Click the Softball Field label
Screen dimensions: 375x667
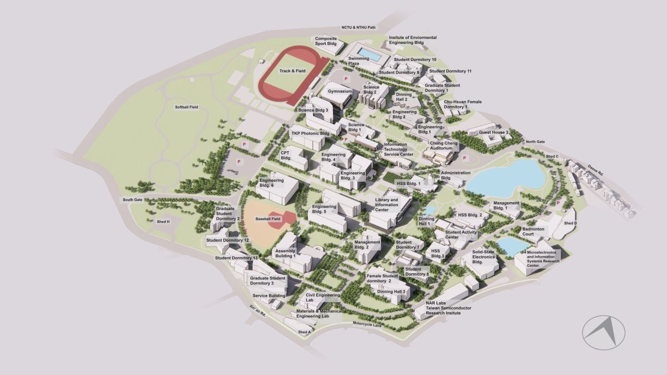[186, 107]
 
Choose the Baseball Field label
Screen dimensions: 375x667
[268, 219]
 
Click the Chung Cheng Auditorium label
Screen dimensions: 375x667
[444, 146]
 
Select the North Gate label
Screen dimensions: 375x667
[535, 142]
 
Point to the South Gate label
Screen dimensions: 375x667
[132, 199]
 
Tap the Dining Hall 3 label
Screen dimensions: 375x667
[394, 291]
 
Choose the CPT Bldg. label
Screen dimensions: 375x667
[286, 155]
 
